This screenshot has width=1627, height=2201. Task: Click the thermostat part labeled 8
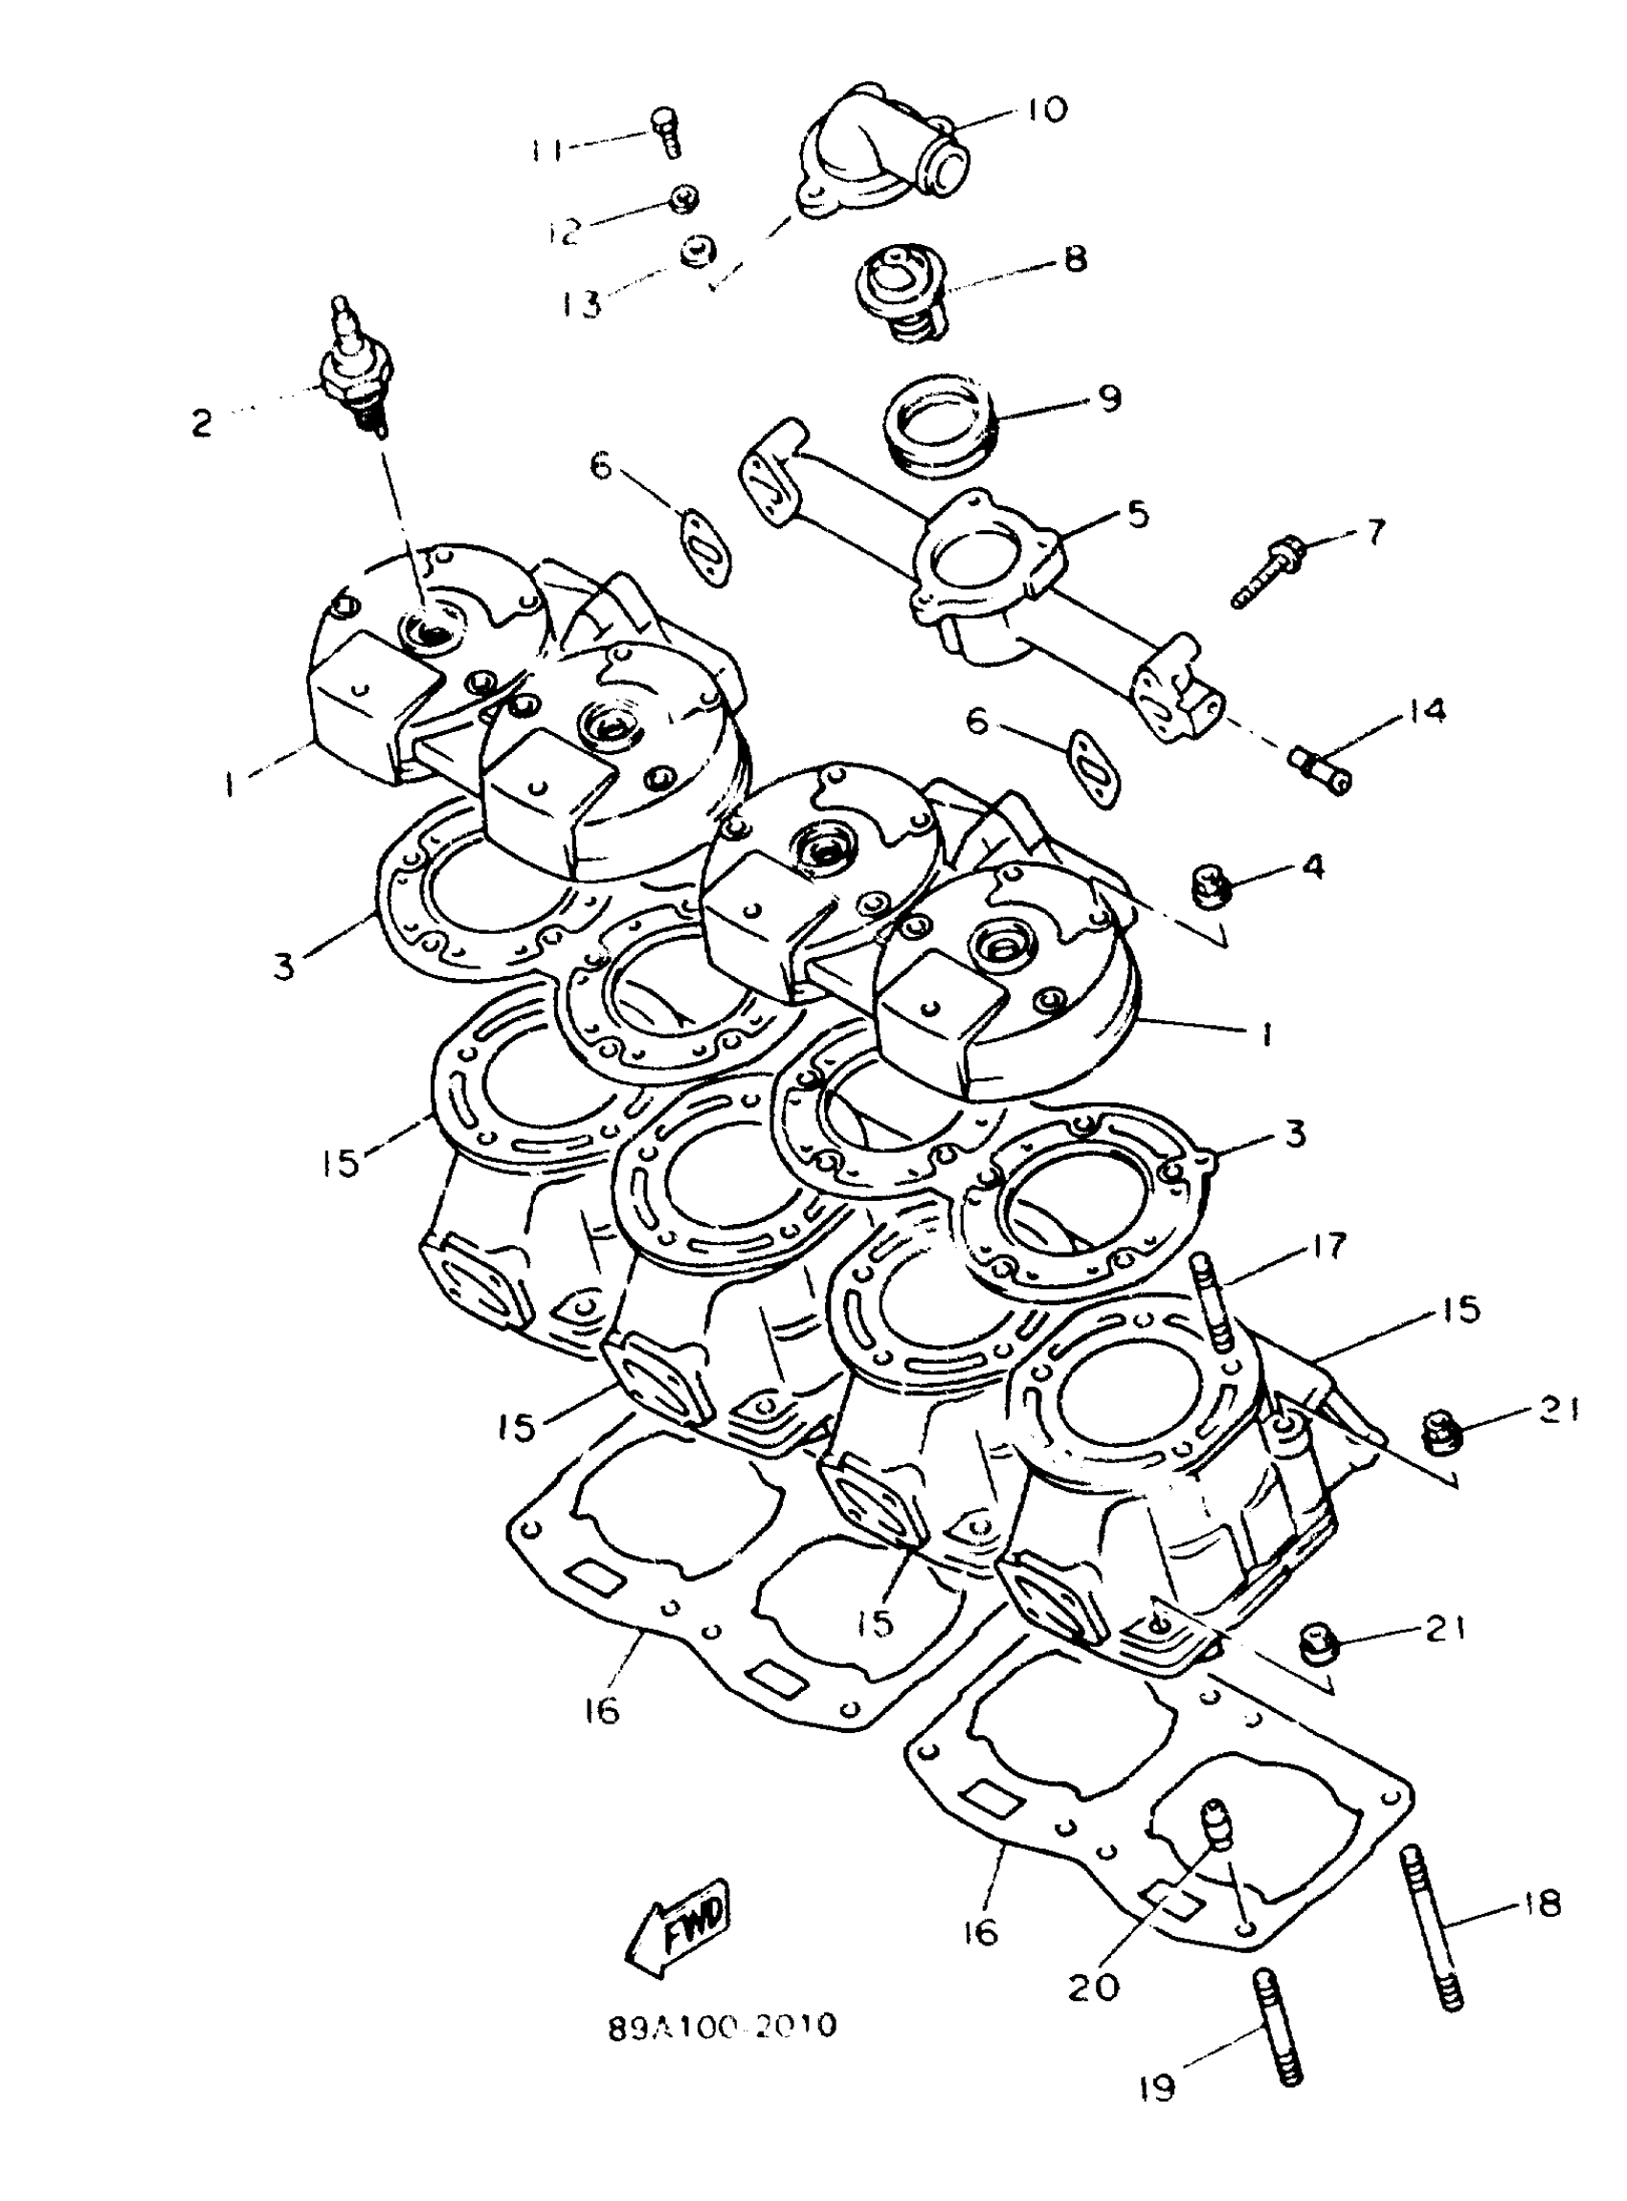click(x=903, y=294)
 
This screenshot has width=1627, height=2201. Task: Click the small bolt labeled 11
click(x=666, y=133)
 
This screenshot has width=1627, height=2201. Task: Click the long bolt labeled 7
click(x=1266, y=570)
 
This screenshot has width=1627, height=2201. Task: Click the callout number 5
click(x=1139, y=513)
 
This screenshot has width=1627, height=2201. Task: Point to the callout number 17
click(x=1328, y=1246)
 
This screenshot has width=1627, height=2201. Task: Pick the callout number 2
click(x=202, y=424)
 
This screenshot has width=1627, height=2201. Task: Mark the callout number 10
click(x=1045, y=109)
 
